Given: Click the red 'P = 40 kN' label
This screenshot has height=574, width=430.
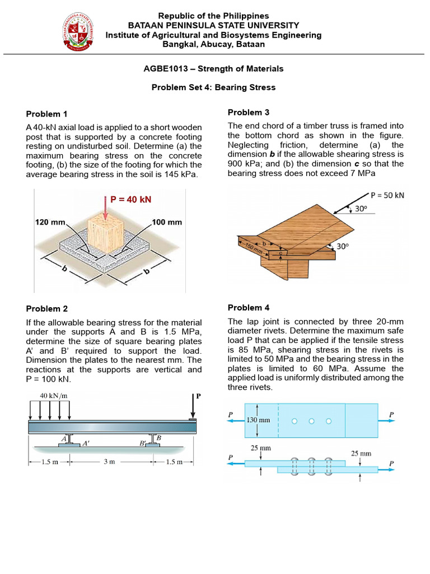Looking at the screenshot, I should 131,199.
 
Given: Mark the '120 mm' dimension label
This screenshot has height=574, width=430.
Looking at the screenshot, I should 51,222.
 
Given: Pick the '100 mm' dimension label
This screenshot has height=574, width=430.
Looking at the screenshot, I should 167,222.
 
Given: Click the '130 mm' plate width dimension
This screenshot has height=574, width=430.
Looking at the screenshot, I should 258,419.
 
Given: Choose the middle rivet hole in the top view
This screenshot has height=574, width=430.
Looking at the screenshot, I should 312,420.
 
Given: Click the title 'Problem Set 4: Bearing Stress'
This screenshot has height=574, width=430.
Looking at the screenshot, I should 214,87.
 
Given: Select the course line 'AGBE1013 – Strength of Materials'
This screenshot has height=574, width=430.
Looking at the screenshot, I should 214,69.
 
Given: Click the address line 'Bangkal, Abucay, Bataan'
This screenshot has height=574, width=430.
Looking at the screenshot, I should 214,44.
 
